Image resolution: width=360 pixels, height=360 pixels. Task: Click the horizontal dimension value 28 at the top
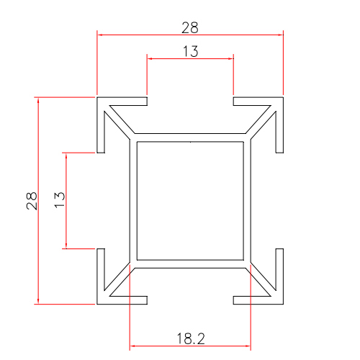[190, 27]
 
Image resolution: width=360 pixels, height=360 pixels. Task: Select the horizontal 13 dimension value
[190, 51]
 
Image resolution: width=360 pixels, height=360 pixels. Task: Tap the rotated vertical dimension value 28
[31, 200]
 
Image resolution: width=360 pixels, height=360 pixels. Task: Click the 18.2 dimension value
[190, 337]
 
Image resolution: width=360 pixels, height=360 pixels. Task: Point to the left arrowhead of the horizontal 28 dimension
[101, 34]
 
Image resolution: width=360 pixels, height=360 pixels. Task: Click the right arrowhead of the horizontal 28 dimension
[279, 34]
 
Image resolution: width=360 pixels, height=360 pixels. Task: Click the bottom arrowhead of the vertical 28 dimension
[39, 300]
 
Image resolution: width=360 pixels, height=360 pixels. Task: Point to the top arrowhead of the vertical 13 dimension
[66, 156]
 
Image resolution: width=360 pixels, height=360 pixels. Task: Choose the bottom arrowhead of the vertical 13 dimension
[66, 244]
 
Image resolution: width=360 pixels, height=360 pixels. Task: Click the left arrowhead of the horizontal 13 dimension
[150, 58]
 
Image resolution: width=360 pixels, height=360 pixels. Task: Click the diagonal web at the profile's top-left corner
[119, 120]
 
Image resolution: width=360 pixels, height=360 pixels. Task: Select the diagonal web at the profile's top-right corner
[261, 120]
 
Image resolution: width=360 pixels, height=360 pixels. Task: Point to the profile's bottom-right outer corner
[283, 304]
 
